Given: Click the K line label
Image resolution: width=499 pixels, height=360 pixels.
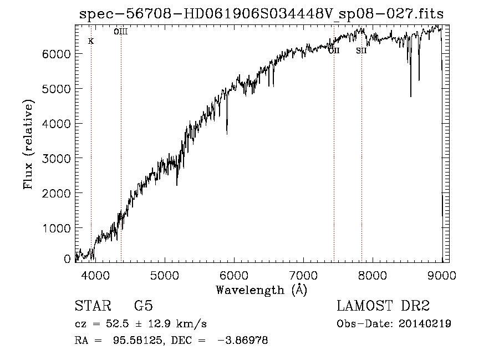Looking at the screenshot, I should coord(91,42).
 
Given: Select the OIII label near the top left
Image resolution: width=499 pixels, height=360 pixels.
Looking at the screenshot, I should coord(121,32).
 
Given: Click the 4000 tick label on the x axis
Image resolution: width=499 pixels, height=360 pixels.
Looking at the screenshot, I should coord(95,275).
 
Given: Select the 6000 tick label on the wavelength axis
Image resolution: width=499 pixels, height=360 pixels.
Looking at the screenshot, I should coord(234,275).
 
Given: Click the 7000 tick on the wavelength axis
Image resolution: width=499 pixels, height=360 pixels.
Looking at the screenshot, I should coord(303,275).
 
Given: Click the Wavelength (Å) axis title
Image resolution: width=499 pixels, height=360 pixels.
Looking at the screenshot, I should coord(261,290).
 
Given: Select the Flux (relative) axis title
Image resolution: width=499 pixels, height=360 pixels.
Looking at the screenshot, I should coord(28,144).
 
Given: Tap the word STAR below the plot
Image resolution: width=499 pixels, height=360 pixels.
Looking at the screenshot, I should coord(91,306).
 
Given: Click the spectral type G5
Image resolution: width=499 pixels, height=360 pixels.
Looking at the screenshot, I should coord(144,306).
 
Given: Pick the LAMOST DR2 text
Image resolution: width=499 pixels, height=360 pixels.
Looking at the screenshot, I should coord(383,306).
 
